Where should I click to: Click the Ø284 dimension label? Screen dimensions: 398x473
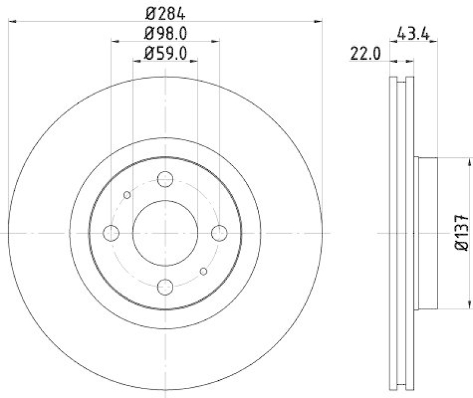coord(166,11)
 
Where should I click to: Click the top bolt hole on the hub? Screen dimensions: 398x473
coord(166,179)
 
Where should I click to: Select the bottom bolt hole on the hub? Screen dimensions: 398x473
coord(166,287)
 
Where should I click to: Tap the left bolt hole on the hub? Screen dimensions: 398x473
coord(111,233)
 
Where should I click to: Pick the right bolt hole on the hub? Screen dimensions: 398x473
coord(219,233)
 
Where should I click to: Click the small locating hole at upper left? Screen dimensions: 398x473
coord(127,195)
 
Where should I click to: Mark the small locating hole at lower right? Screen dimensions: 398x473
coord(204,271)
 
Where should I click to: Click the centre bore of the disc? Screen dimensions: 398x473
coord(165,233)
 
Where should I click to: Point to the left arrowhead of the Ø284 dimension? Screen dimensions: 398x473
coord(12,21)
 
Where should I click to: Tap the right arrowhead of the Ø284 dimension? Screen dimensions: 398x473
coord(319,21)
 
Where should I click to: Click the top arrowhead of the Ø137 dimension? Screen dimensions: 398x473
coord(470,161)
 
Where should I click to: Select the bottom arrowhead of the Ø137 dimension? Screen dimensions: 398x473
coord(470,305)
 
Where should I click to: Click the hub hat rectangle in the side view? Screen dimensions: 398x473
coord(427,232)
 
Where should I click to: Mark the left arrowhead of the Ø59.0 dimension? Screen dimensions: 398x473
coord(137,61)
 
